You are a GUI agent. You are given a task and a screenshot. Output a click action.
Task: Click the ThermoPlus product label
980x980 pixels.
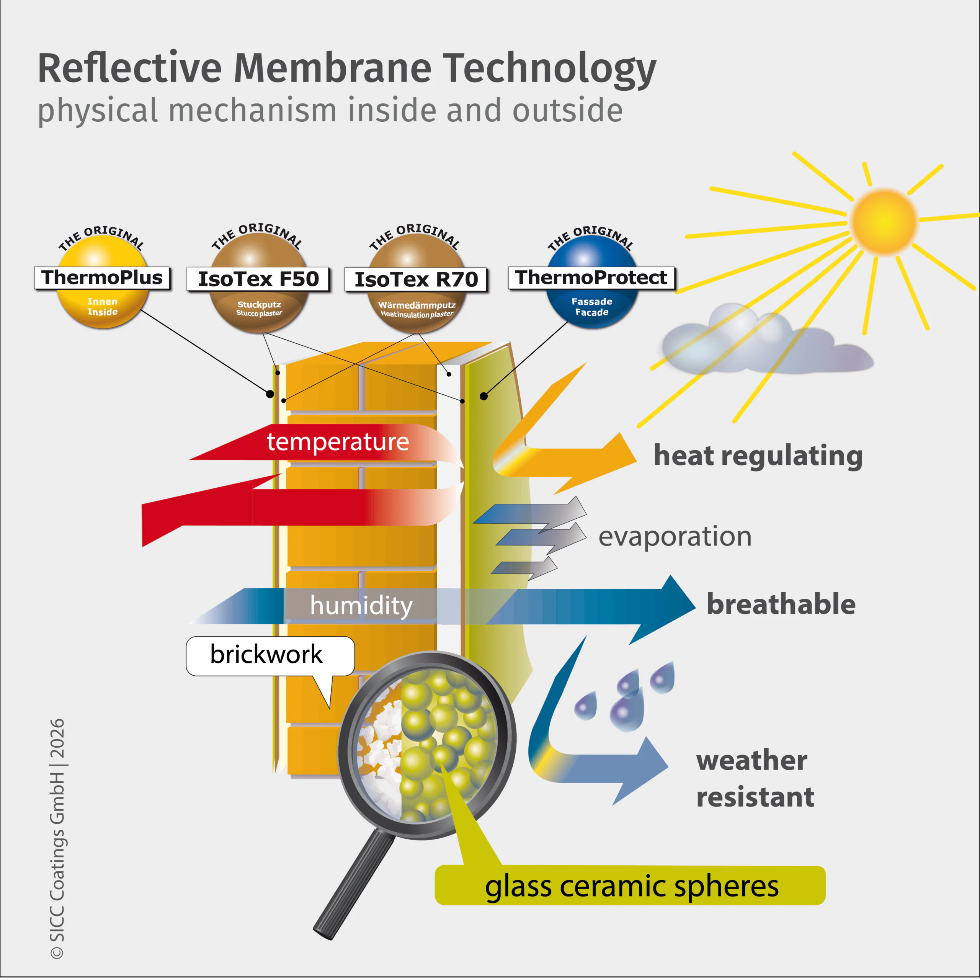pyautogui.click(x=102, y=278)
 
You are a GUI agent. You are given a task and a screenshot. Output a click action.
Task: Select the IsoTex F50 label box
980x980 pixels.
pyautogui.click(x=258, y=279)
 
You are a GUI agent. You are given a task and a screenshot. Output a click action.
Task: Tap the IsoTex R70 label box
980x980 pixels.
pyautogui.click(x=416, y=279)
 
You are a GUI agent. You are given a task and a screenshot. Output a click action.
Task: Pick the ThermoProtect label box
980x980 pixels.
pyautogui.click(x=591, y=278)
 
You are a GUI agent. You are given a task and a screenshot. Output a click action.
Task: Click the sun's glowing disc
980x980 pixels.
pyautogui.click(x=884, y=221)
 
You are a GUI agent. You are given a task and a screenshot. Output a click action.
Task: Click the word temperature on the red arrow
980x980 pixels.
pyautogui.click(x=338, y=442)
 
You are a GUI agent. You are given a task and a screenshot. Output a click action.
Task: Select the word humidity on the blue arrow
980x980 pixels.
pyautogui.click(x=361, y=605)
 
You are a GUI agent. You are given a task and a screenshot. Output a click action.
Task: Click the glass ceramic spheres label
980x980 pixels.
pyautogui.click(x=631, y=886)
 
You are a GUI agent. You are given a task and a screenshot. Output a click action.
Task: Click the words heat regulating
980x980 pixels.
pyautogui.click(x=758, y=456)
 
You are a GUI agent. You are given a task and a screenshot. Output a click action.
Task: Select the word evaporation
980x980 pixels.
pyautogui.click(x=675, y=537)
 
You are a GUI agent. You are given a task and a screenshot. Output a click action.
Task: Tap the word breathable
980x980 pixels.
pyautogui.click(x=781, y=604)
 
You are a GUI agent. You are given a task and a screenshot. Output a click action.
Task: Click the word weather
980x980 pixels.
pyautogui.click(x=751, y=761)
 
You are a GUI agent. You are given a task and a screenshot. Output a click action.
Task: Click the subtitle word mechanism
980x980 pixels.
pyautogui.click(x=253, y=111)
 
